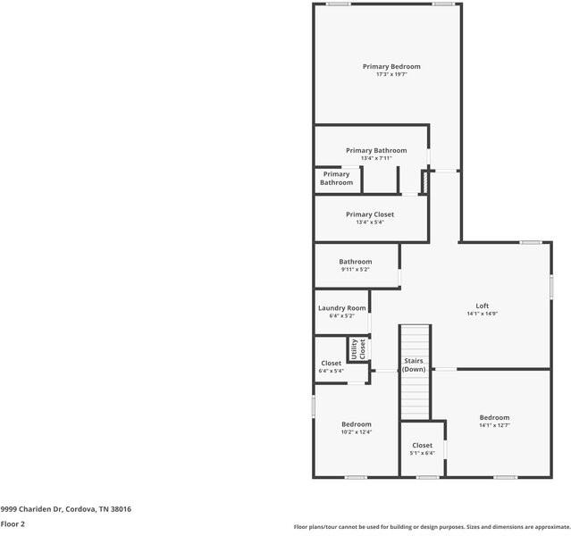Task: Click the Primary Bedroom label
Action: coord(390,66)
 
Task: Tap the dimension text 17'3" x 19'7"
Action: coord(390,74)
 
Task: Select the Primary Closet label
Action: coord(369,214)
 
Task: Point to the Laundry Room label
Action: coord(341,308)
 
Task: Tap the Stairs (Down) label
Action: coord(414,364)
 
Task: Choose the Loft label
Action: coord(482,306)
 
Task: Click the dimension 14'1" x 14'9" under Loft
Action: coord(482,314)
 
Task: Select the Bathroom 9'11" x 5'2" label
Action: coord(355,262)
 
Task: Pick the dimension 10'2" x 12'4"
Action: coord(356,432)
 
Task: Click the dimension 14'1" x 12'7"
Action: coord(494,425)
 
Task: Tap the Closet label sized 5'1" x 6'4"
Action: coord(422,445)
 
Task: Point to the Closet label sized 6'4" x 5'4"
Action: coord(331,364)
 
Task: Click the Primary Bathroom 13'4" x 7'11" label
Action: coord(376,151)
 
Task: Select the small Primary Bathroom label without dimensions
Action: coord(336,179)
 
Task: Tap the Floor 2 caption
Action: coord(13,524)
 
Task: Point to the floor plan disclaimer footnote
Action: coord(432,527)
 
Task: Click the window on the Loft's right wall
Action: coord(551,287)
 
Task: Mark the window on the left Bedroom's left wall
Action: coord(313,406)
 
